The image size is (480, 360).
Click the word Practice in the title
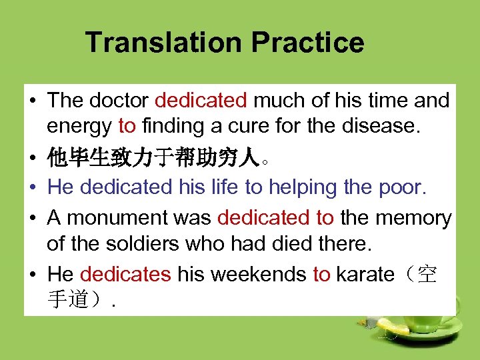307,43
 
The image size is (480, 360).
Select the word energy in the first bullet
79,125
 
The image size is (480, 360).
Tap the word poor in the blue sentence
403,187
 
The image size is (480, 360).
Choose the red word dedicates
125,274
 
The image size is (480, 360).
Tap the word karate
365,274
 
